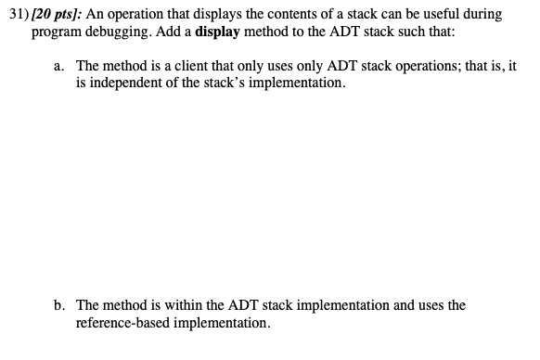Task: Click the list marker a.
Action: click(x=59, y=67)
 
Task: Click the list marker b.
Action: click(x=59, y=304)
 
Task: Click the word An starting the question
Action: click(x=100, y=15)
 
